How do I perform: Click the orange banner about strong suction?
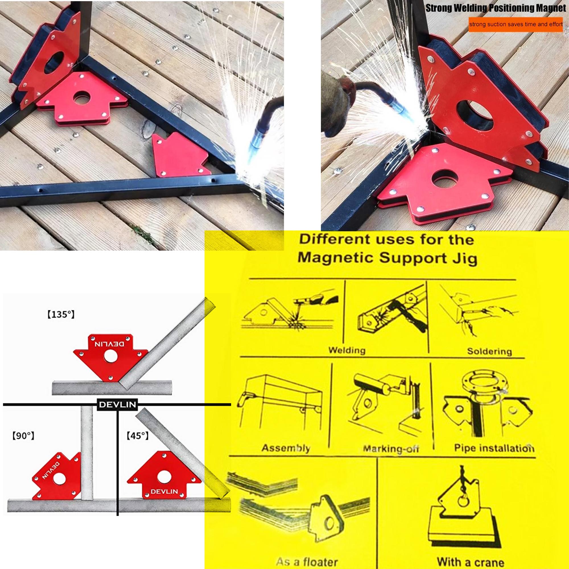(516, 24)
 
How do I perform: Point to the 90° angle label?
(23, 436)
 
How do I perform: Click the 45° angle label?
(137, 436)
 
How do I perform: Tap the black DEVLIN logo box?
(117, 404)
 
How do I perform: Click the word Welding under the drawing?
(347, 350)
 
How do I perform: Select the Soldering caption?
(489, 351)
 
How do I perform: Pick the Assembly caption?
(286, 448)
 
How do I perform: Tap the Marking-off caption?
(391, 449)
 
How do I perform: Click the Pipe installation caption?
(494, 448)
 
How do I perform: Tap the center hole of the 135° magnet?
(110, 357)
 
